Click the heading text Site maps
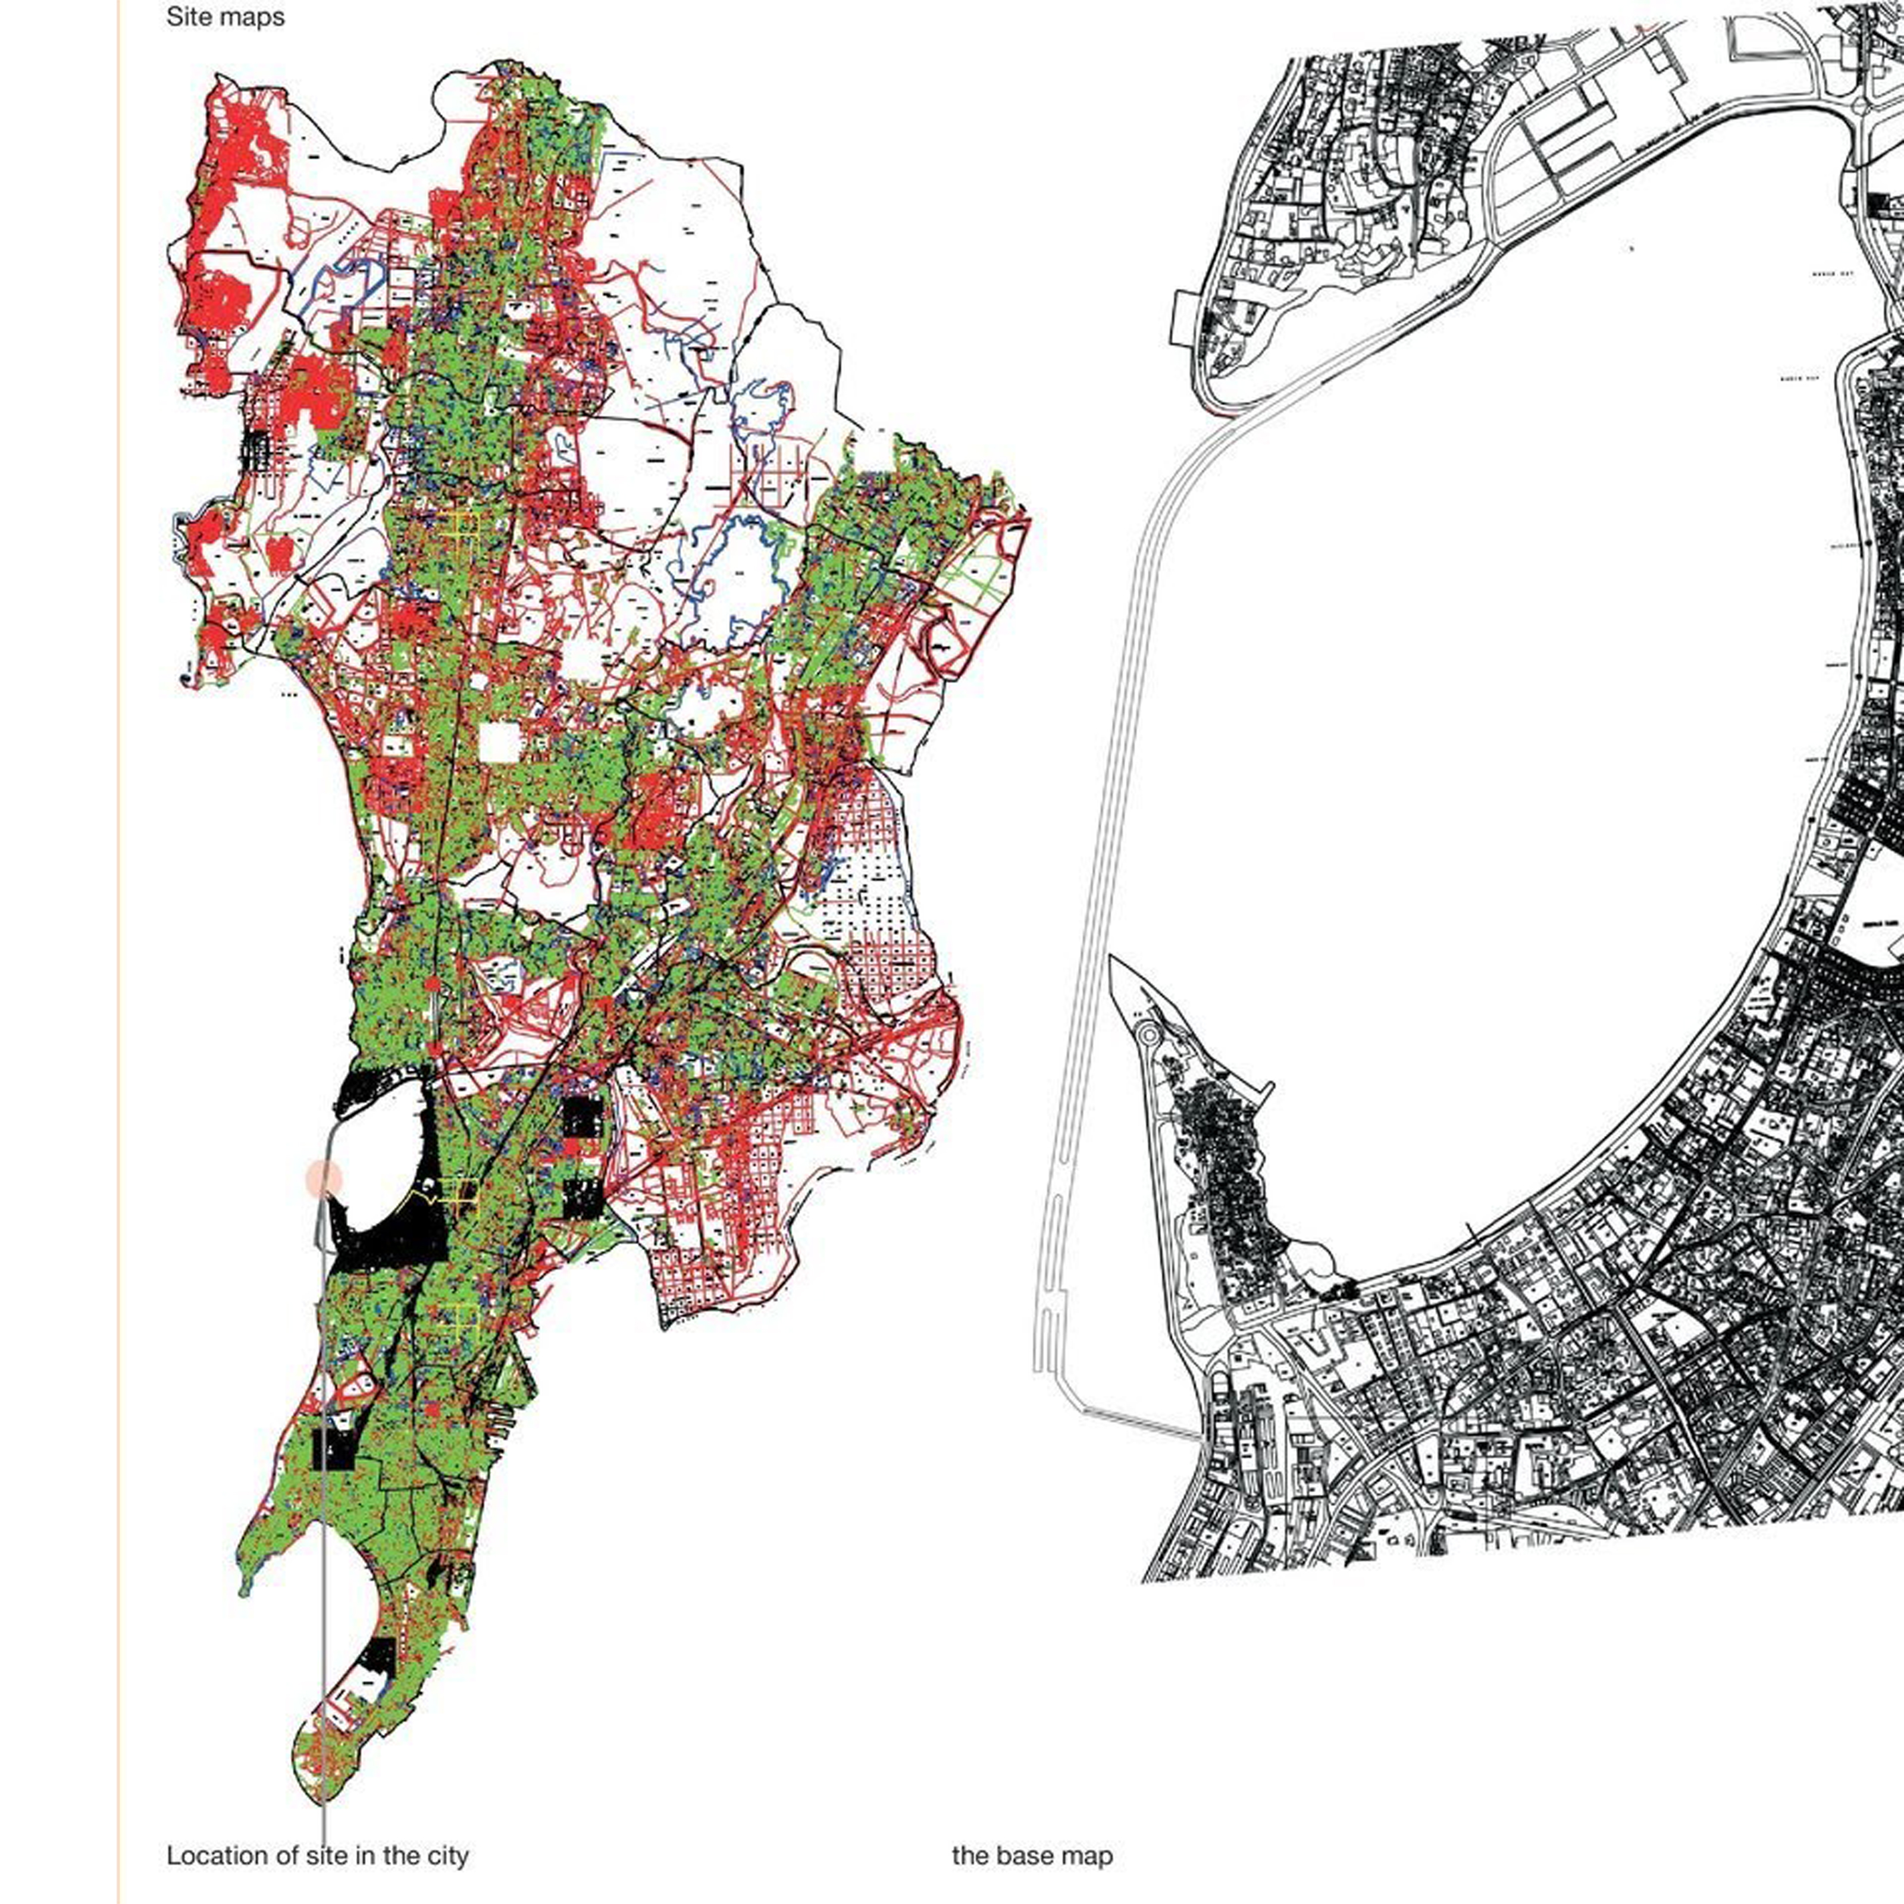225,18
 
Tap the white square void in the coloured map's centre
499,742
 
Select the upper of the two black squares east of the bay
581,1117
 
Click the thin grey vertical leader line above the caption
324,1577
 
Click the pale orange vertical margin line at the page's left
118,985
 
